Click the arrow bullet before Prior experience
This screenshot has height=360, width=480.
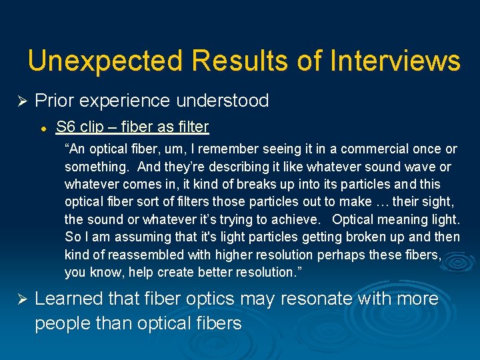tap(21, 101)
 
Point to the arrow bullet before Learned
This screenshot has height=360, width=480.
tap(21, 299)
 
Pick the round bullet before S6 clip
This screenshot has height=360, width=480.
tap(41, 127)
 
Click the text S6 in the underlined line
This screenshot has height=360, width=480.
tap(65, 127)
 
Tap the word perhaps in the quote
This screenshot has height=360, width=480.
tap(337, 255)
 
